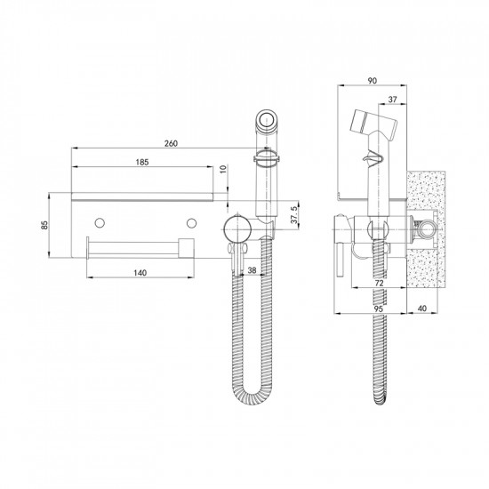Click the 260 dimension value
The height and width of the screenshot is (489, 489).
[171, 143]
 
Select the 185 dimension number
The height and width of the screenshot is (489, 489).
[142, 162]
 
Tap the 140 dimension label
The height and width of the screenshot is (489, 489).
[140, 273]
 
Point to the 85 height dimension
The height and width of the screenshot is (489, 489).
[45, 225]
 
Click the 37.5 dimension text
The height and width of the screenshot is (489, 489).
[293, 214]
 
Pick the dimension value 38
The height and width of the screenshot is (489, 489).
[252, 270]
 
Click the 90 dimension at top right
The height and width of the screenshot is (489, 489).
[372, 81]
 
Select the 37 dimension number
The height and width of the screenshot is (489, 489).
[393, 100]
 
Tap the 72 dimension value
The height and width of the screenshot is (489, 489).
[379, 283]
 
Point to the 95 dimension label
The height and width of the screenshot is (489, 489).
[378, 309]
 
